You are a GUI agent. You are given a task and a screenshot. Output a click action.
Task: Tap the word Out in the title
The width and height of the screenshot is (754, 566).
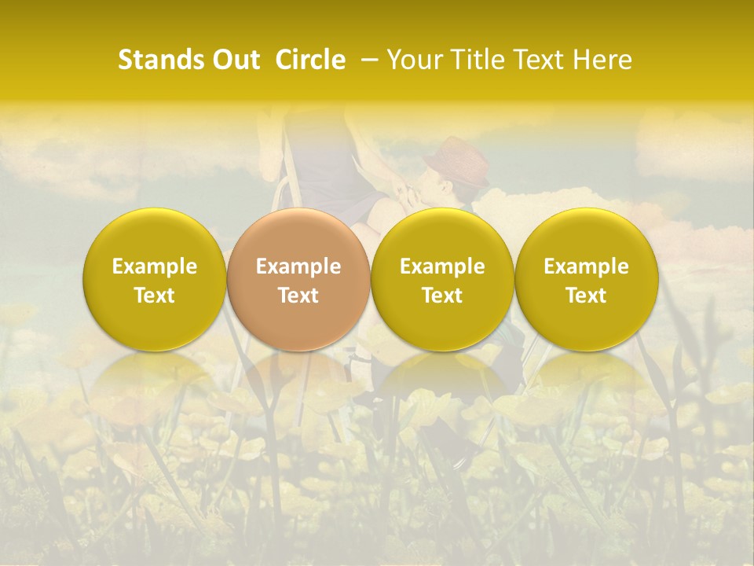[x=234, y=60]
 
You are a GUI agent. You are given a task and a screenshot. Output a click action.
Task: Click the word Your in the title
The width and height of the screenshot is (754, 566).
[x=415, y=60]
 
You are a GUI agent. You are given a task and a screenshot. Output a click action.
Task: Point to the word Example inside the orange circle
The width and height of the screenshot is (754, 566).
[x=298, y=266]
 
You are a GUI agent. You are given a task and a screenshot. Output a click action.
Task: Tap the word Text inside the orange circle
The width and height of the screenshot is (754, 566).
[x=298, y=296]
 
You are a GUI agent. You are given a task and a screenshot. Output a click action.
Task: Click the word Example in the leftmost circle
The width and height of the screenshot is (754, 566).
[x=155, y=266]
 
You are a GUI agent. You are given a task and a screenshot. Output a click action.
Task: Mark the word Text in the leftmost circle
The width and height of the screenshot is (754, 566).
[x=155, y=296]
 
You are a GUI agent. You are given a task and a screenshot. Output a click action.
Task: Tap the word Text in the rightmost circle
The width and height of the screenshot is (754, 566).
[x=586, y=296]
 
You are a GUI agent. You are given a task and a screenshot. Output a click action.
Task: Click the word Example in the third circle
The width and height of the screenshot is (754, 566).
[x=442, y=266]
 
